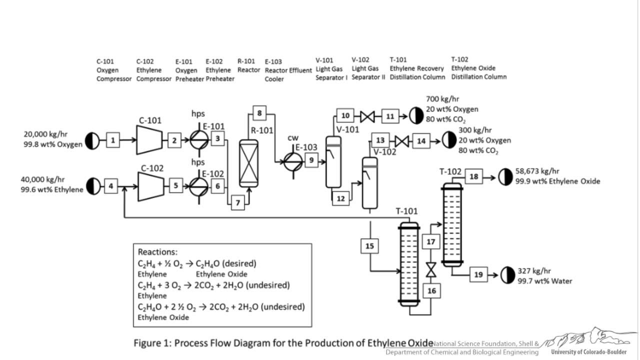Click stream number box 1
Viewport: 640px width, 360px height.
coord(113,140)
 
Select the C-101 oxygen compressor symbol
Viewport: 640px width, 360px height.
coord(148,140)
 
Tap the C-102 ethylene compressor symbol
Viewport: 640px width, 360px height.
coord(148,186)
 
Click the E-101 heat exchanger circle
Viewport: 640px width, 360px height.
coord(198,140)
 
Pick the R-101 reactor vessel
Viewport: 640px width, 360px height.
coord(248,163)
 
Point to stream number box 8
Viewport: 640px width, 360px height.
coord(259,113)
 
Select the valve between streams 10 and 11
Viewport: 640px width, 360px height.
coord(367,117)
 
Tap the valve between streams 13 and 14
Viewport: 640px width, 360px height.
coord(402,141)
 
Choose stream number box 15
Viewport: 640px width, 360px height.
coord(369,246)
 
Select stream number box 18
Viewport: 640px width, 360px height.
coord(474,176)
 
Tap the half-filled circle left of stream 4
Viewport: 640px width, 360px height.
coord(93,186)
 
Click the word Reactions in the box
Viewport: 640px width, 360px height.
coord(157,252)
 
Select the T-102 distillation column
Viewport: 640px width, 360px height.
coord(452,225)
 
